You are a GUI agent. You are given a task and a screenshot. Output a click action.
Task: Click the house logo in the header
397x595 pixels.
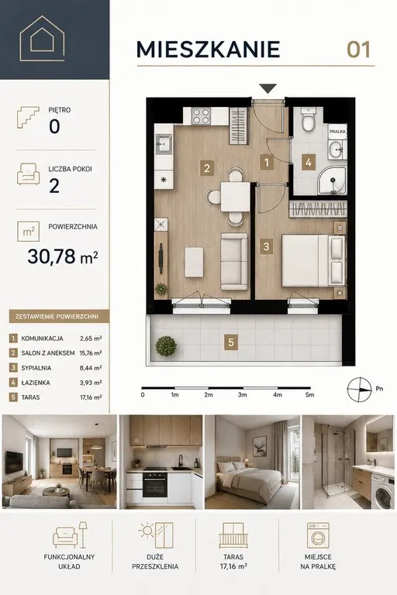coord(42,38)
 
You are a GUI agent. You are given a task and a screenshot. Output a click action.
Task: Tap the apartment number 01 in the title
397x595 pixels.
coord(358,50)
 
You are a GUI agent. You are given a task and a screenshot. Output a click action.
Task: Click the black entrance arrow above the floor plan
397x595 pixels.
coord(268,88)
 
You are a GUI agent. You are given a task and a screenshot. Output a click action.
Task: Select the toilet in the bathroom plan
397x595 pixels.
coord(308,119)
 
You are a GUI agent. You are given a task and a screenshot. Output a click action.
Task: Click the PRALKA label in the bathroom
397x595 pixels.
coord(337,132)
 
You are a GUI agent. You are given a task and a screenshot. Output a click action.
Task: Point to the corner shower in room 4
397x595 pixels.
coord(332,181)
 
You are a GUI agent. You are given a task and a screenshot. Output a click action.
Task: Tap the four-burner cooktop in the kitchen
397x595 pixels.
coord(201,115)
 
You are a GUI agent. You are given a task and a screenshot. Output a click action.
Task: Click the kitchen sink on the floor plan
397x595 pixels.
coord(164,144)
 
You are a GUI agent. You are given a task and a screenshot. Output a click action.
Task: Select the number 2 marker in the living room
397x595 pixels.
coord(207,167)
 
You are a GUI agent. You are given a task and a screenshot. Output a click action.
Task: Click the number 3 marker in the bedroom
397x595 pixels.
coord(266,246)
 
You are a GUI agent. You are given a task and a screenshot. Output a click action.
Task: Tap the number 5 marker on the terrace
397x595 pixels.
coord(231,342)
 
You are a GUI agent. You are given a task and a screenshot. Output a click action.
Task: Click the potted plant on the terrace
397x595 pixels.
coord(166,346)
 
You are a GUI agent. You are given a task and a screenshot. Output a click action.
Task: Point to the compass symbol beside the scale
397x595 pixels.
coord(359,390)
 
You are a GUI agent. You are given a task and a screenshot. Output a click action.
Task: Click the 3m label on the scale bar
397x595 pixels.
coord(243,394)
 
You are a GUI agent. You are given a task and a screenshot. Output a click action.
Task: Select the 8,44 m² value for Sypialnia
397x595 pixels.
coord(91,368)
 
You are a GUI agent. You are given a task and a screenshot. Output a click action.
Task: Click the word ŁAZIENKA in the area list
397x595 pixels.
coord(36,383)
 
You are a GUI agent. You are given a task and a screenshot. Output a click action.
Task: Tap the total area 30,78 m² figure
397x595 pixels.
coord(63,256)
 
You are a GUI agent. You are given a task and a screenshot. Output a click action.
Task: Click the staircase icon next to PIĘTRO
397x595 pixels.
coord(28,117)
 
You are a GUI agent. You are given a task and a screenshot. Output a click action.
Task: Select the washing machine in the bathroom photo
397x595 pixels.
coord(382,491)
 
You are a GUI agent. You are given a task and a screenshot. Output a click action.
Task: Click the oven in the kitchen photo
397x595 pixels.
coord(155,484)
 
